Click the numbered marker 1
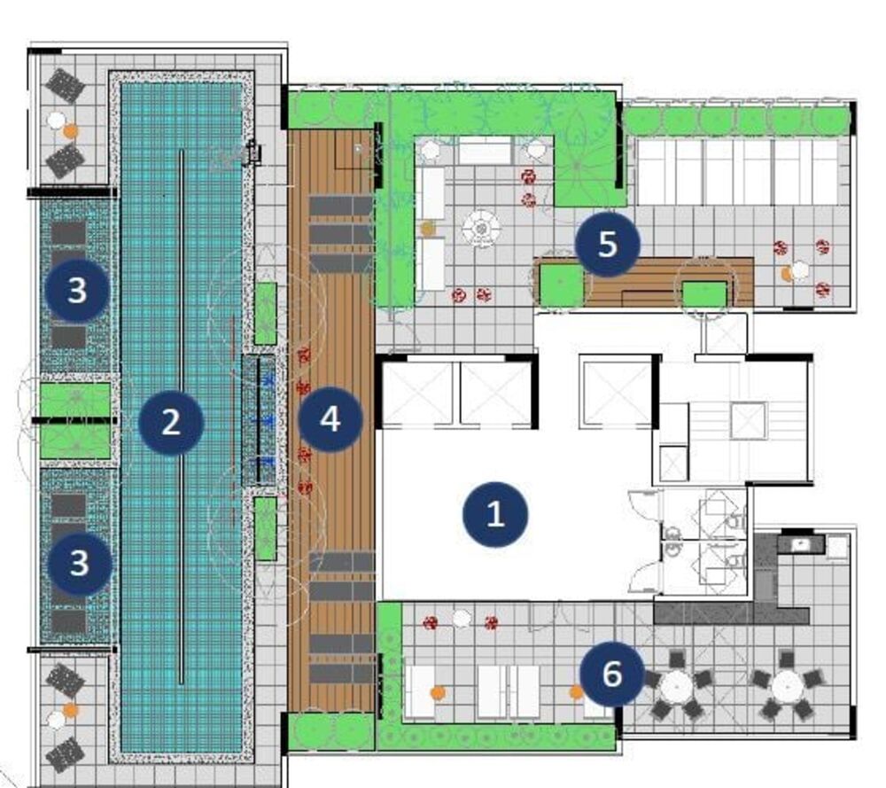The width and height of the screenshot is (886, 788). (495, 514)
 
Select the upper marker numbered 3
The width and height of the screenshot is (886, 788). (78, 289)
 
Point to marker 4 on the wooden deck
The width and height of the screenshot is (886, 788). (330, 418)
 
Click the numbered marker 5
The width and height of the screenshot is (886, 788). (607, 244)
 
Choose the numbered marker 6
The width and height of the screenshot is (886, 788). (612, 674)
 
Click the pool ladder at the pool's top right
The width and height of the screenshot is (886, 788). (252, 152)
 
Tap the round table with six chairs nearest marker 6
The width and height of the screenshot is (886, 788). (676, 684)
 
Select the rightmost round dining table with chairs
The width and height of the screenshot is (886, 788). (787, 684)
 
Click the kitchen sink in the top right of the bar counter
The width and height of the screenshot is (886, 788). (801, 543)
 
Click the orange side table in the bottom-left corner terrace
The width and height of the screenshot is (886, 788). (71, 710)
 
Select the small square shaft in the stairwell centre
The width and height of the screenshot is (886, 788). (748, 420)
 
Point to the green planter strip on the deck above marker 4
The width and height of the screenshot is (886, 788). (265, 313)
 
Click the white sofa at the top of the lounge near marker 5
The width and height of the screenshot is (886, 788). (485, 151)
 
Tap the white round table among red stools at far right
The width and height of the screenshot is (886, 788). (801, 269)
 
